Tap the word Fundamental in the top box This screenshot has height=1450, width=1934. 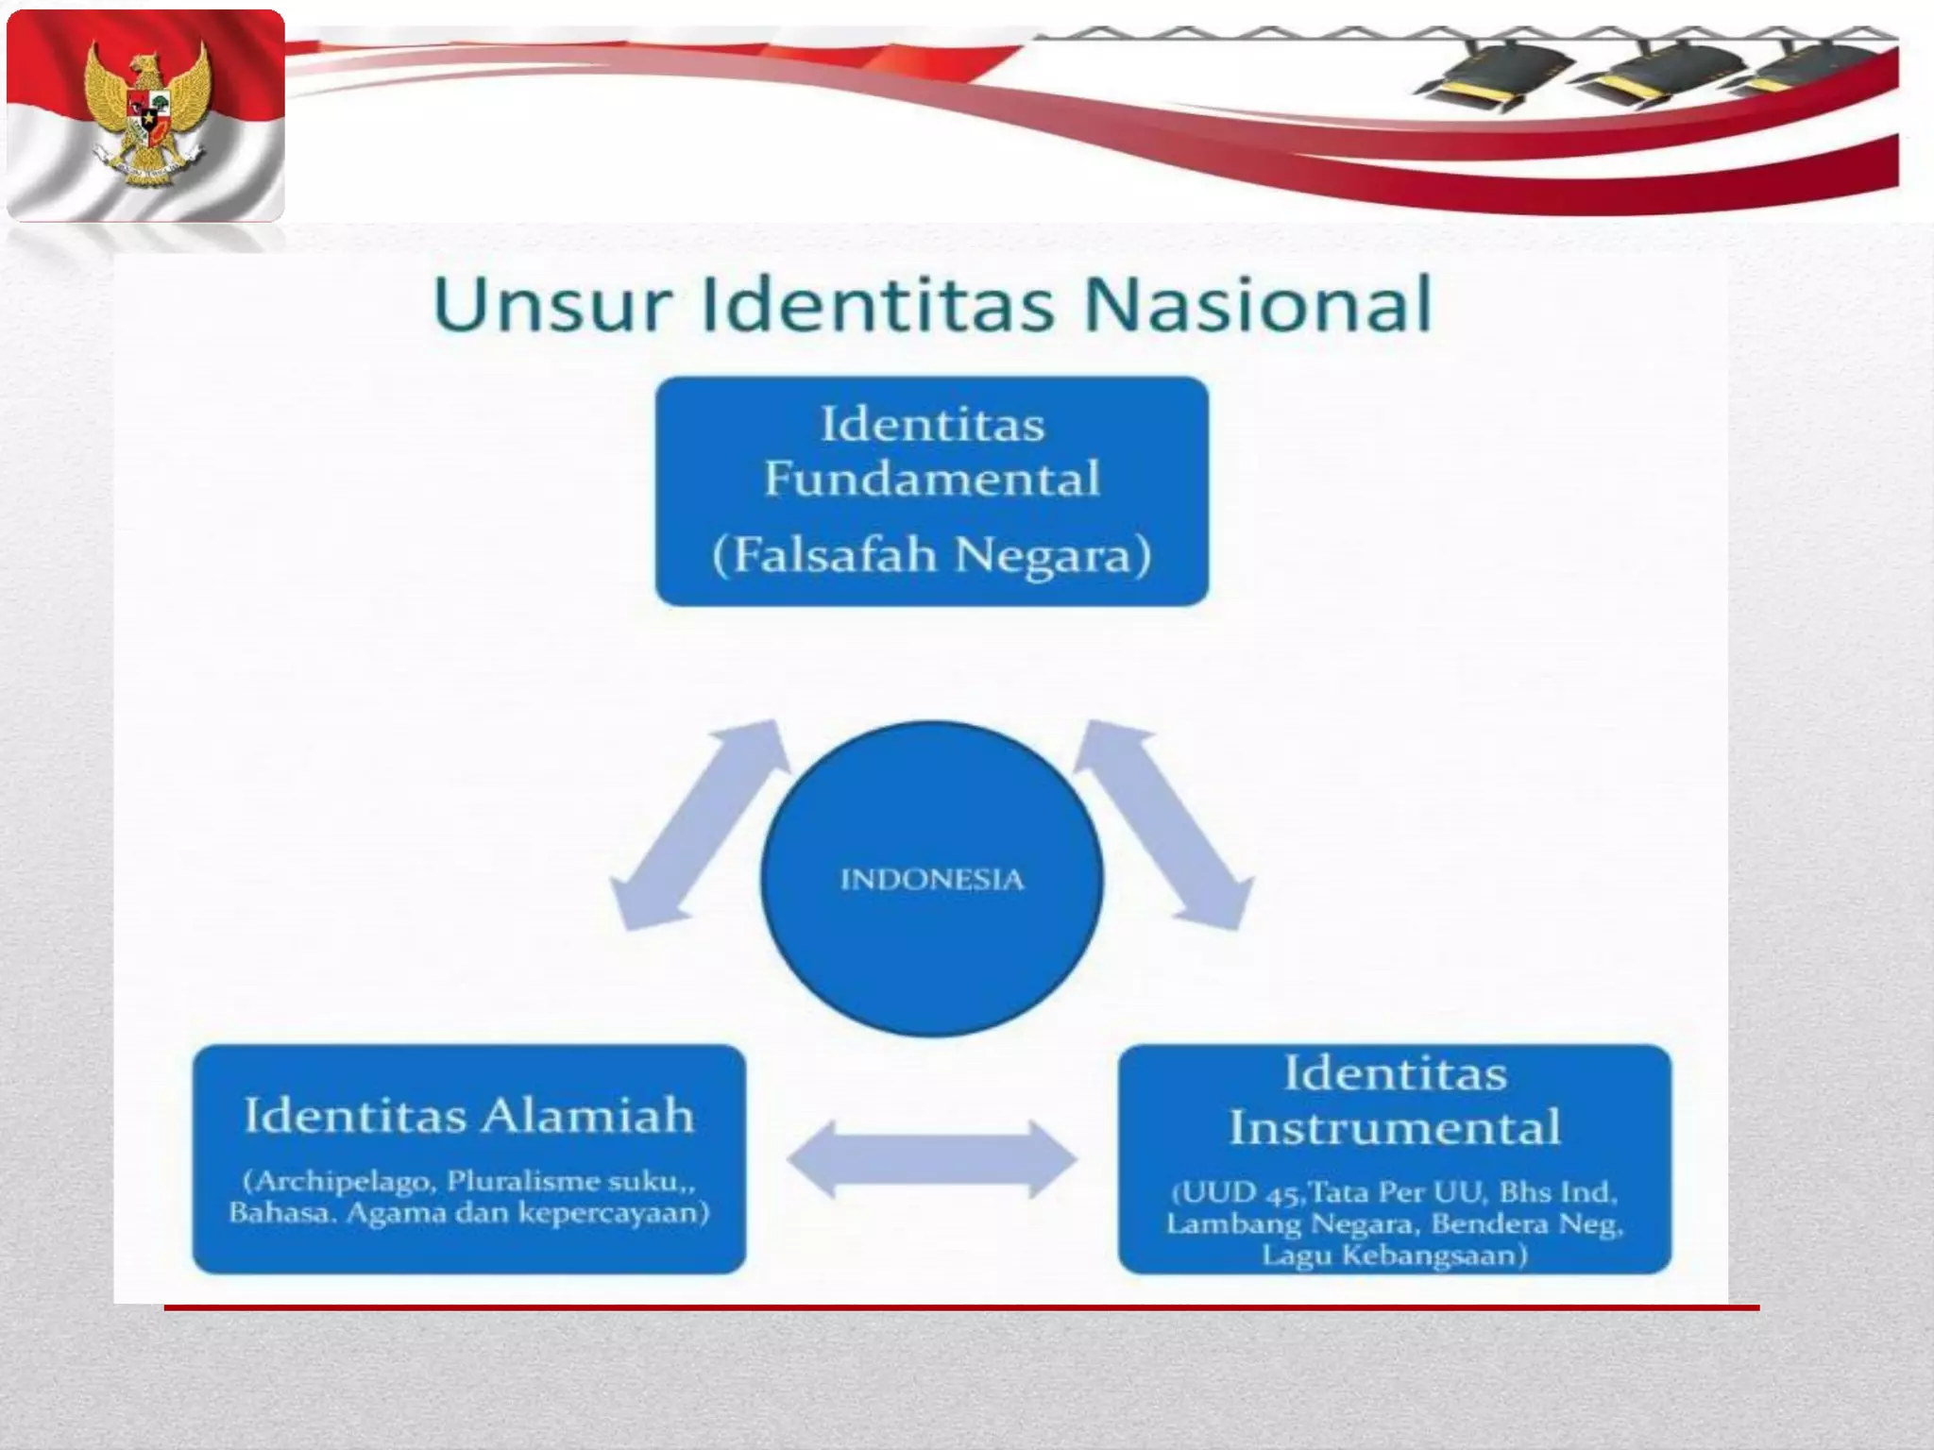[932, 479]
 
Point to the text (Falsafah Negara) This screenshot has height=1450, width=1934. [932, 554]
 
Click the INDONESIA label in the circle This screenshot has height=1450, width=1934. [932, 880]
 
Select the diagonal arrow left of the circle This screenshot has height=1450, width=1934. [699, 826]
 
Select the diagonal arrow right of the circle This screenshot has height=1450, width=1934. [1164, 826]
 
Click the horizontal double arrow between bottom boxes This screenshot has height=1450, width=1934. [932, 1158]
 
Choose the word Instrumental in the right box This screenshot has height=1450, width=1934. [1395, 1127]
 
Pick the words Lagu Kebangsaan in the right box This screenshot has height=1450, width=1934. [1395, 1256]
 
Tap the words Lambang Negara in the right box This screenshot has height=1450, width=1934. [1292, 1224]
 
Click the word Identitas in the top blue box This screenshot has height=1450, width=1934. [932, 424]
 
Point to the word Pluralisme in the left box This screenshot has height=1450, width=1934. [509, 1181]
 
